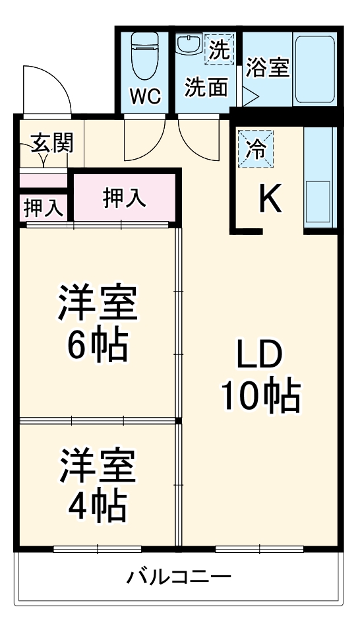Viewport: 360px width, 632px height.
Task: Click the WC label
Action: coord(144,96)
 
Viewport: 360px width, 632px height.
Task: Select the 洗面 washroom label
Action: coord(206,88)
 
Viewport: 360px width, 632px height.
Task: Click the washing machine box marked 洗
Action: coord(218,49)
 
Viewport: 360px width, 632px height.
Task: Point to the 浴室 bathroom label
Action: coord(268,67)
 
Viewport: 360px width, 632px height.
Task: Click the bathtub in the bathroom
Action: coord(315,69)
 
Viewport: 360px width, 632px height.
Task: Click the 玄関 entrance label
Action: coord(51,142)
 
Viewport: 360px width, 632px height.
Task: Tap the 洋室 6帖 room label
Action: coord(98,323)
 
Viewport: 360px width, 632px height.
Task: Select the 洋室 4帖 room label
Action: coord(98,486)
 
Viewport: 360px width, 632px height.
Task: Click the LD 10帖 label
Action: coord(260,375)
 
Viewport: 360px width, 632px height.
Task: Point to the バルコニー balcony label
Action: coord(179,579)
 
